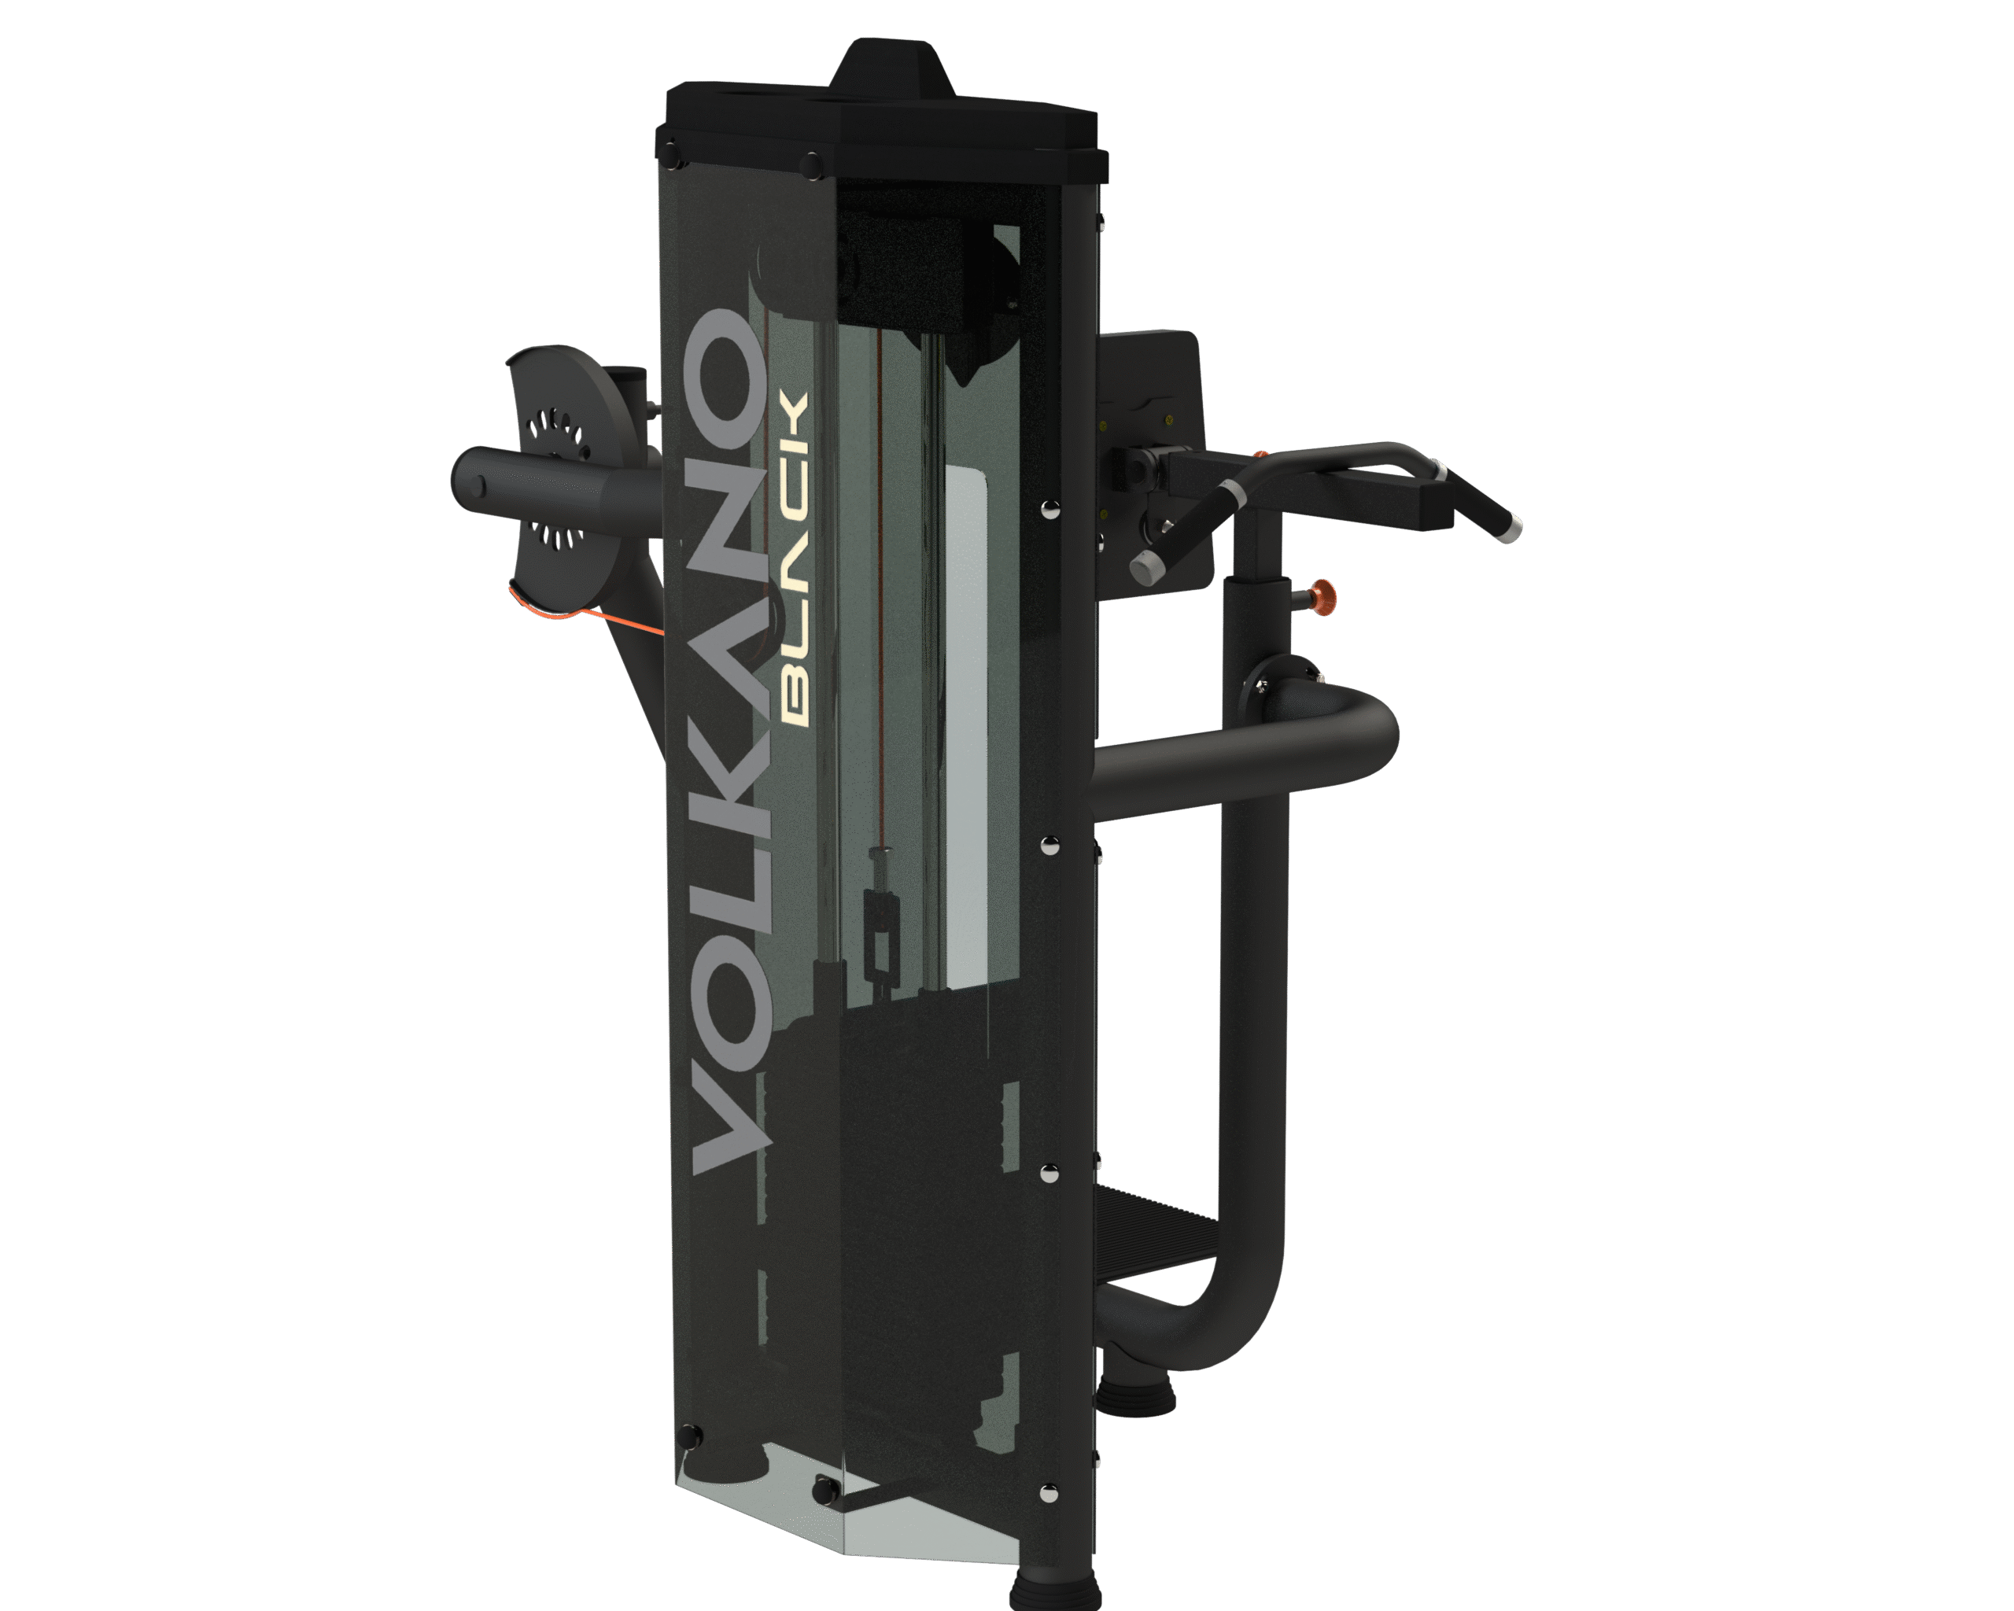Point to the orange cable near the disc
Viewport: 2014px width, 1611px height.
(x=579, y=612)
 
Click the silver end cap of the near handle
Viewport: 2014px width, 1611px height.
(x=1145, y=566)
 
